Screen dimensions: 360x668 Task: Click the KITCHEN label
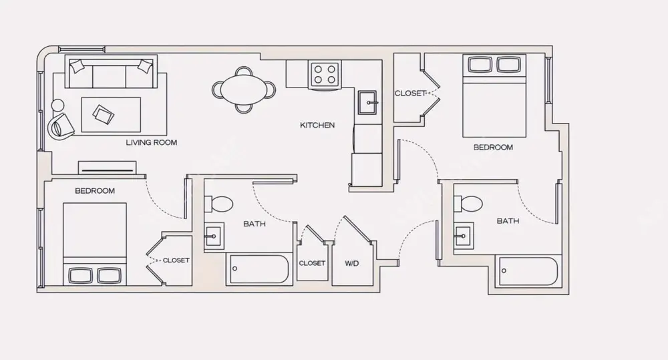pyautogui.click(x=317, y=125)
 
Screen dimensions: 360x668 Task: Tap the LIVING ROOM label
pyautogui.click(x=152, y=143)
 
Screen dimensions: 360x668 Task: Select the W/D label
pyautogui.click(x=352, y=263)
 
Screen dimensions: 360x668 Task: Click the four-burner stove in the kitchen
pyautogui.click(x=325, y=73)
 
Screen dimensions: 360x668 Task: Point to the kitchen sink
pyautogui.click(x=367, y=104)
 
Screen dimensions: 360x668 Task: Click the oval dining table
pyautogui.click(x=244, y=89)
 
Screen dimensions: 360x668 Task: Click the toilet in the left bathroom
pyautogui.click(x=218, y=204)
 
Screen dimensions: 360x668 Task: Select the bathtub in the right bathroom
pyautogui.click(x=528, y=272)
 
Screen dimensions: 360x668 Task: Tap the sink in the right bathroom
pyautogui.click(x=464, y=234)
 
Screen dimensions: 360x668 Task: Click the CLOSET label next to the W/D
pyautogui.click(x=312, y=263)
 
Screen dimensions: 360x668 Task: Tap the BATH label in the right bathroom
pyautogui.click(x=508, y=220)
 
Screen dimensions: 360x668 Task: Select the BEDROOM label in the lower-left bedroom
pyautogui.click(x=94, y=191)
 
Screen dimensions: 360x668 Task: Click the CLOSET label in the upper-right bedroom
pyautogui.click(x=409, y=94)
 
